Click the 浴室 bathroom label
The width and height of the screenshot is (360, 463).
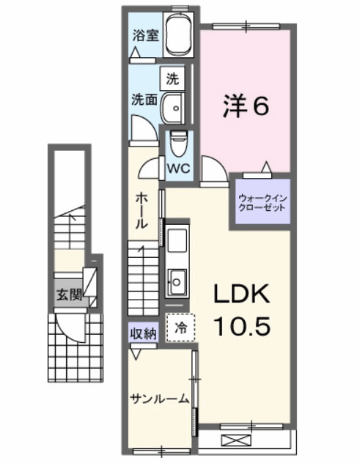[145, 35]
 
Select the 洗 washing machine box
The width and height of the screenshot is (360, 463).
[172, 78]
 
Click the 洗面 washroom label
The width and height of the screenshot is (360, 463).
[144, 99]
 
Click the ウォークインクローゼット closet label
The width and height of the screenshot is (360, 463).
[261, 201]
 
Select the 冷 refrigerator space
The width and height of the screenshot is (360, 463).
[179, 329]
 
